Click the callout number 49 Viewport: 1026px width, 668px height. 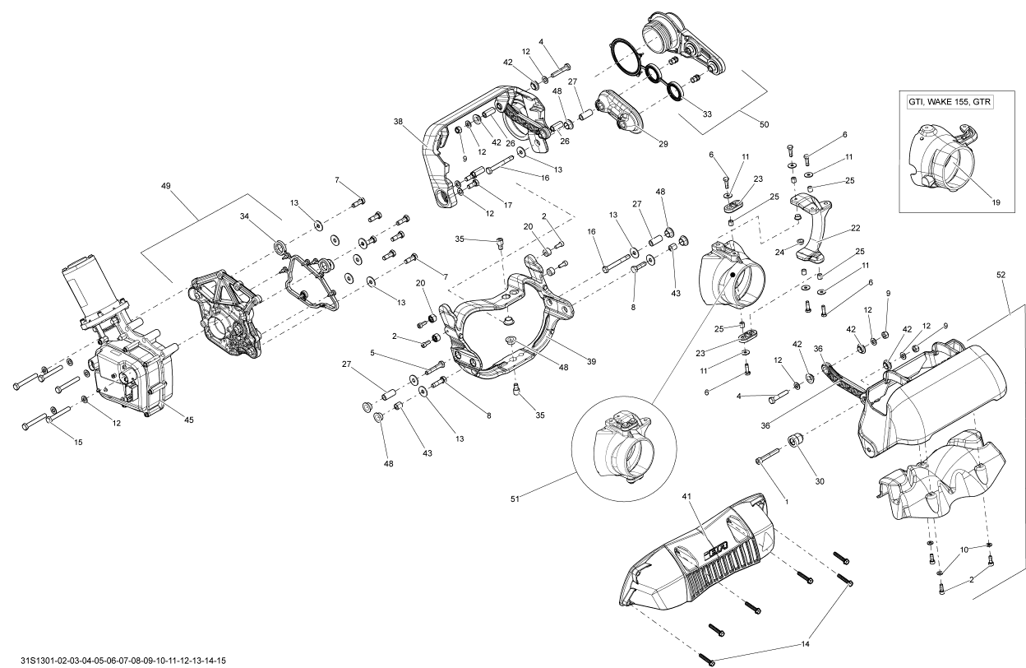pyautogui.click(x=166, y=187)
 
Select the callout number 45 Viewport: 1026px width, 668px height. pyautogui.click(x=189, y=420)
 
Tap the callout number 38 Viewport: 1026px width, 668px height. pyautogui.click(x=398, y=122)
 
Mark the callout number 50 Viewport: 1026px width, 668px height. pyautogui.click(x=764, y=124)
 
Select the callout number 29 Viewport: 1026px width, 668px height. pyautogui.click(x=663, y=143)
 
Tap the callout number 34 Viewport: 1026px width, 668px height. pyautogui.click(x=243, y=217)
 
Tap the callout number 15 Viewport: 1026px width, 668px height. pyautogui.click(x=78, y=443)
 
